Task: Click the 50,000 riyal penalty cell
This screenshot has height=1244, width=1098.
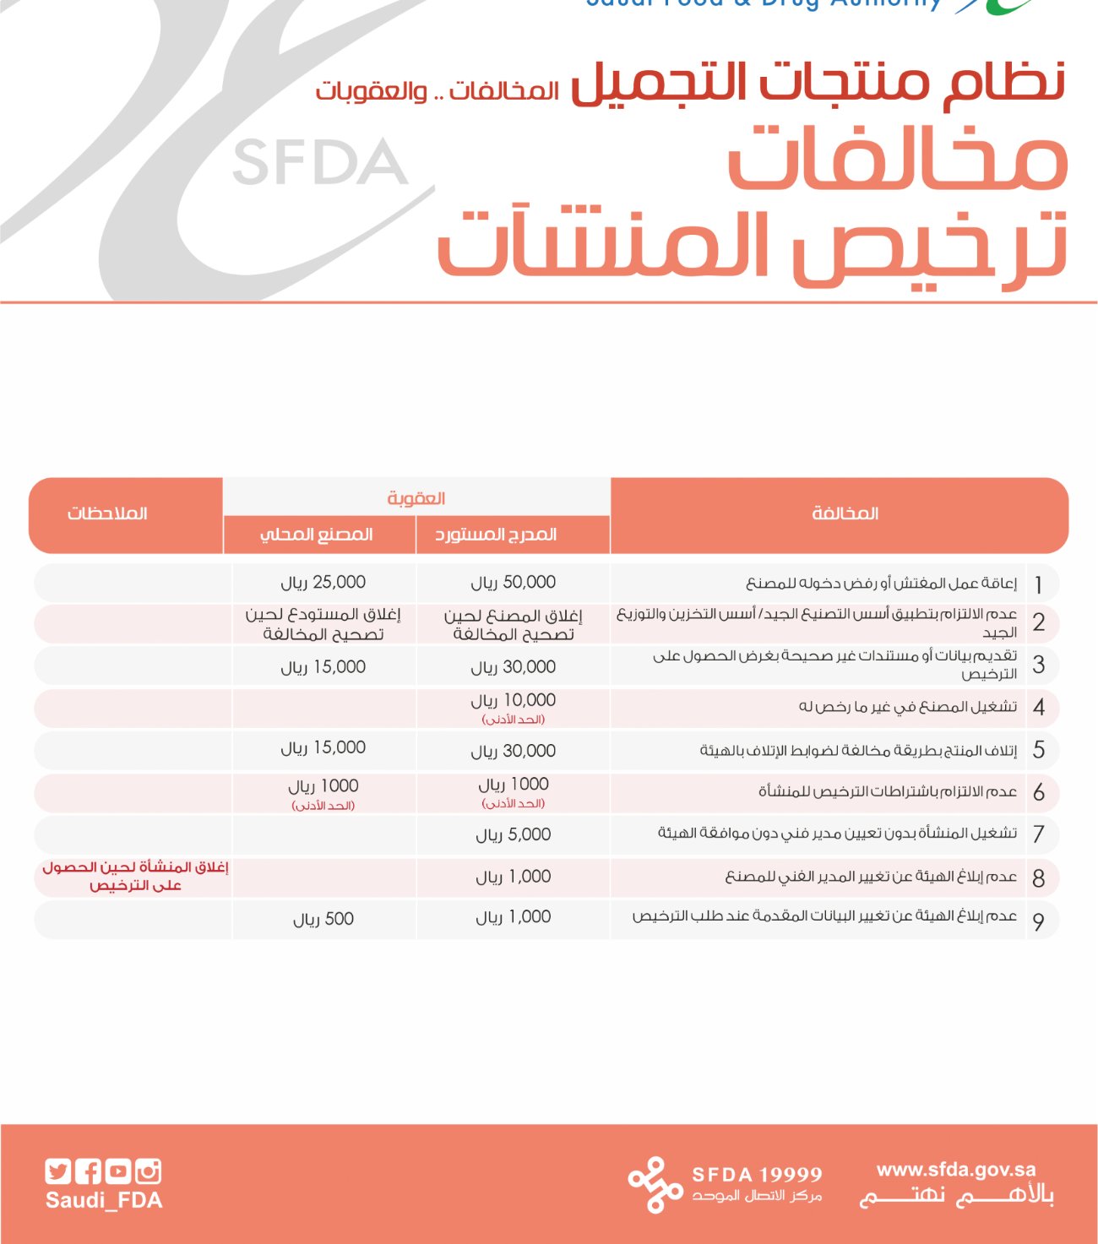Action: tap(513, 583)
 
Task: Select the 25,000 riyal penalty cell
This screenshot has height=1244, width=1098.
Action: tap(323, 583)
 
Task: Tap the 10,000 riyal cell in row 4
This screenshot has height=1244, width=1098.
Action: tap(513, 701)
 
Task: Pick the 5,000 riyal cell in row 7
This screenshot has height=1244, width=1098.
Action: tap(513, 835)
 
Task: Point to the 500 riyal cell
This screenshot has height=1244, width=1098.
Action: tap(323, 920)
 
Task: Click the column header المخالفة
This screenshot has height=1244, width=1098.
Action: tap(845, 513)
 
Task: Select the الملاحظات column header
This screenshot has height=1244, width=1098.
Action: tap(107, 513)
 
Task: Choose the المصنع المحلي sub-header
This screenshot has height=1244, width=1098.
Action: tap(317, 535)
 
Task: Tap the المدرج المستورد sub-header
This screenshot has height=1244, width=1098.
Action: tap(496, 535)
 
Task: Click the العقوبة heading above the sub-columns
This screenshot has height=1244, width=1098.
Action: tap(416, 498)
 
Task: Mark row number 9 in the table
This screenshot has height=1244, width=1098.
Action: tap(1038, 921)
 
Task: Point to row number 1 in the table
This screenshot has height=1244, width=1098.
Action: tap(1038, 584)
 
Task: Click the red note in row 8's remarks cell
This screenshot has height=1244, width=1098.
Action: tap(135, 877)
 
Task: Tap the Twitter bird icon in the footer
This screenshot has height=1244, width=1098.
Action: tap(57, 1171)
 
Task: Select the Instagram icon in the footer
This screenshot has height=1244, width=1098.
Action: tap(148, 1171)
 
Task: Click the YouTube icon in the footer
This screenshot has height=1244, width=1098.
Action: tap(118, 1171)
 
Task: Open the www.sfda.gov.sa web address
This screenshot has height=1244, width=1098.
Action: tap(956, 1170)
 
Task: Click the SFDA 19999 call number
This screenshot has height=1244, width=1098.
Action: tap(757, 1175)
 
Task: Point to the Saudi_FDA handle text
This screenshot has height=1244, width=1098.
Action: tap(104, 1201)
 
